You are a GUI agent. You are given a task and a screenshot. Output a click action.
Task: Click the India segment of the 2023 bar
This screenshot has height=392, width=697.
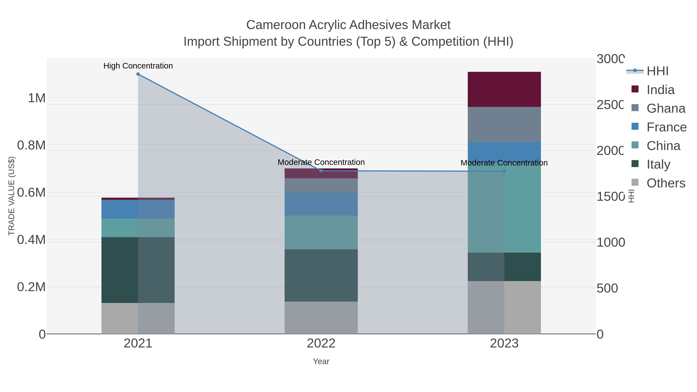(504, 89)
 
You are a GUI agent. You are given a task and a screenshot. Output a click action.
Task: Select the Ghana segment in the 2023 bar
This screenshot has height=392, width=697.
(504, 124)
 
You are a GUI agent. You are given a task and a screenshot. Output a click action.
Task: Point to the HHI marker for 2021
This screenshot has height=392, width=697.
(138, 74)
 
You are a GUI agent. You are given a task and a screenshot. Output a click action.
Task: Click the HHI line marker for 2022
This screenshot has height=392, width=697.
(321, 171)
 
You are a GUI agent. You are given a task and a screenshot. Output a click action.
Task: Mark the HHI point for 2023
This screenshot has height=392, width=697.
(504, 171)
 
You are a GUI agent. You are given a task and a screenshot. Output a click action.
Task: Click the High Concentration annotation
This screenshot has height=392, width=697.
(138, 66)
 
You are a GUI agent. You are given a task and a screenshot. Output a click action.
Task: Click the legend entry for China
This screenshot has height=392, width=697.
(663, 146)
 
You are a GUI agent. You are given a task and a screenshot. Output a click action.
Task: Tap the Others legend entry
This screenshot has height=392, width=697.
(666, 183)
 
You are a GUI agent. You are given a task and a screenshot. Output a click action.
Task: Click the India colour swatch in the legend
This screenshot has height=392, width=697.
(635, 89)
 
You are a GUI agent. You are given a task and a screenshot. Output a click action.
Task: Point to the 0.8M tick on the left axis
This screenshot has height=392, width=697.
(31, 145)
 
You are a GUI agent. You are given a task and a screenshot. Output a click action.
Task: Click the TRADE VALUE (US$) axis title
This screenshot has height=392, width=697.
(11, 196)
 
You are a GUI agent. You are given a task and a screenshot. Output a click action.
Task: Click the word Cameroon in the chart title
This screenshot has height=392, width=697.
(276, 25)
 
